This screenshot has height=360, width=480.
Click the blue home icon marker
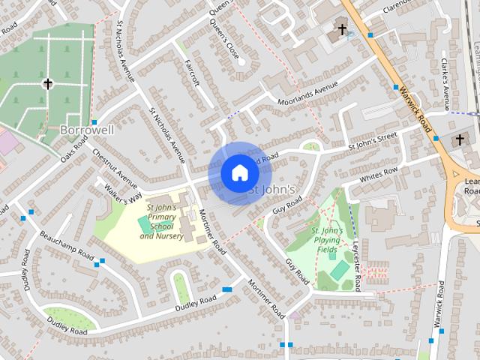tap(238, 172)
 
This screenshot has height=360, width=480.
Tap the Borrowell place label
tap(87, 130)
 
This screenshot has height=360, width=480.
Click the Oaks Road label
tap(74, 148)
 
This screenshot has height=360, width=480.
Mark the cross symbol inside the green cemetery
tap(48, 84)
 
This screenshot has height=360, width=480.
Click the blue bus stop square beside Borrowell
tap(94, 122)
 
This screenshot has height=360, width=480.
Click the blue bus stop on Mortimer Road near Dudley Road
tap(227, 289)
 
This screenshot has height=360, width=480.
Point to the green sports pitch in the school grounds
tap(143, 224)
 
